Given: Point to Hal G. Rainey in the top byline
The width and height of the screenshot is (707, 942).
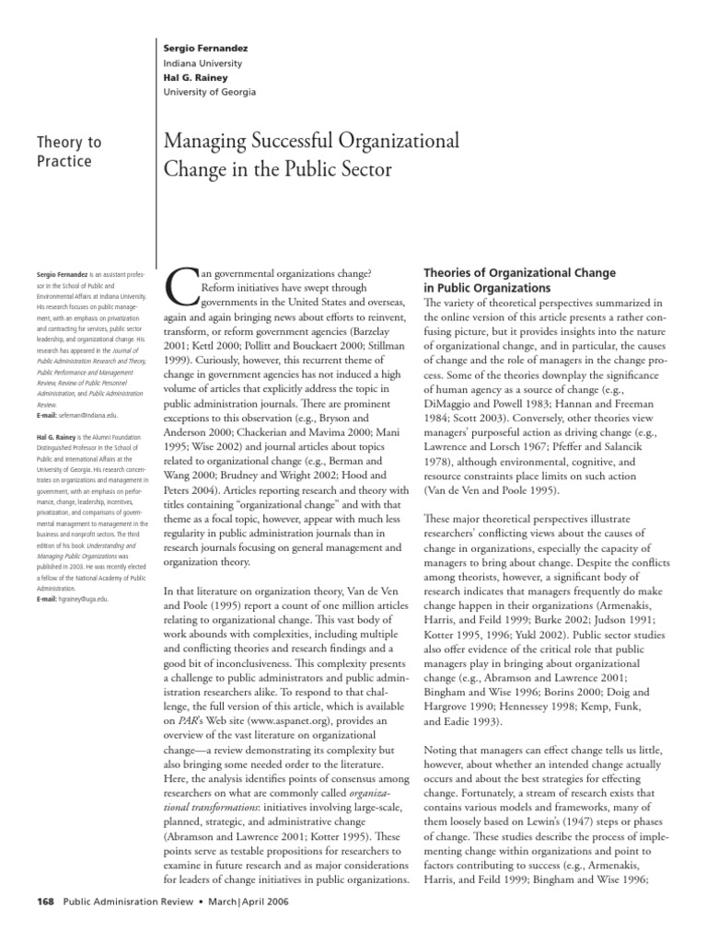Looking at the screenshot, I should tap(182, 78).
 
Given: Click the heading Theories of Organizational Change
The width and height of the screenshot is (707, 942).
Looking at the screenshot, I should tap(518, 273).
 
